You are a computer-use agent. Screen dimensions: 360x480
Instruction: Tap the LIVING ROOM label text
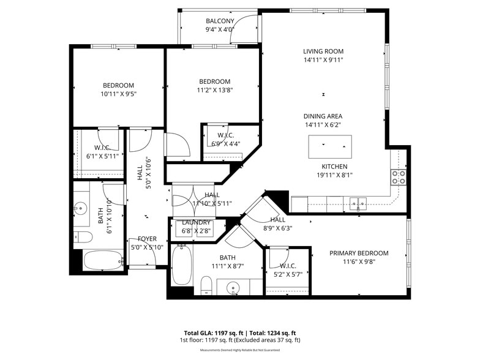point(323,51)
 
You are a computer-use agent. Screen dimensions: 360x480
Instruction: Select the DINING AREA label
point(323,116)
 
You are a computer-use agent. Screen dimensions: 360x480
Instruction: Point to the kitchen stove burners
point(398,177)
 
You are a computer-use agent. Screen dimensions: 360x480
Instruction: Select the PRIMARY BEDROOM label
point(359,253)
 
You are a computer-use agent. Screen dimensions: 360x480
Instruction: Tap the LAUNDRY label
point(197,222)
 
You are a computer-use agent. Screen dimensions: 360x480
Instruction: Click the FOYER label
point(146,239)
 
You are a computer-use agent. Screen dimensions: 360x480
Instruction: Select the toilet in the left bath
point(83,237)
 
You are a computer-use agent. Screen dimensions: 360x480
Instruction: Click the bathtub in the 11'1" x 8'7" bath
point(181,264)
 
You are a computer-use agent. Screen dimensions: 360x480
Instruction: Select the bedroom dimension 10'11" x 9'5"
point(118,94)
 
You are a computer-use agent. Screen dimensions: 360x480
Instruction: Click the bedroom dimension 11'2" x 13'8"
point(214,90)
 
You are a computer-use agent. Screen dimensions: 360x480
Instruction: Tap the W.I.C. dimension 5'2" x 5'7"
point(288,274)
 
